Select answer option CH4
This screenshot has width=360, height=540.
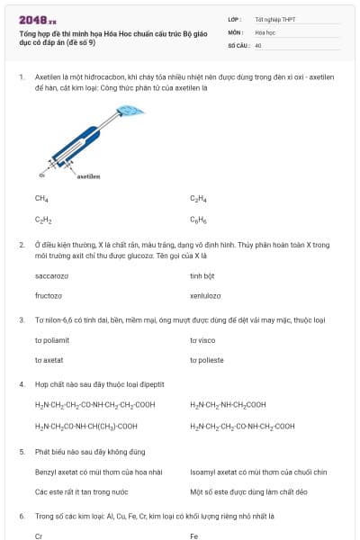[x=41, y=198]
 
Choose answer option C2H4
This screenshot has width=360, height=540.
[x=198, y=198]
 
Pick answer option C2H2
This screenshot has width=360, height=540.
[x=43, y=219]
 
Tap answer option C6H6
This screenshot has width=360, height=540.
[x=198, y=219]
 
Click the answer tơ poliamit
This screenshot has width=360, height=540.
[x=53, y=340]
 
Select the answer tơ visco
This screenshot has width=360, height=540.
[x=202, y=340]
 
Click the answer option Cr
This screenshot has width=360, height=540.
[x=39, y=535]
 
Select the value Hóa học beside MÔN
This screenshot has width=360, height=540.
[x=265, y=31]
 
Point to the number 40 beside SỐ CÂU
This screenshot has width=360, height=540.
[x=258, y=44]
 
